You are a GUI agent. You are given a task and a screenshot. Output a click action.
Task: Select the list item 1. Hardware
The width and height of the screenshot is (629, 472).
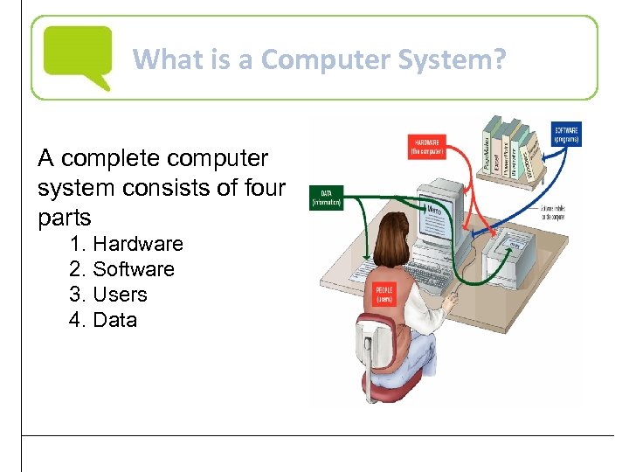point(126,244)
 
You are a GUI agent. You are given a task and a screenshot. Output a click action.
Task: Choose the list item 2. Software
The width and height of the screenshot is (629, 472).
point(121,269)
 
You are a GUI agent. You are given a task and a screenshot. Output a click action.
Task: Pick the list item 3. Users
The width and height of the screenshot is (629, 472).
point(108,295)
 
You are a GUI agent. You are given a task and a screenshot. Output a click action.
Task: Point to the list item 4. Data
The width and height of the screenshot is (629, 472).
point(103,320)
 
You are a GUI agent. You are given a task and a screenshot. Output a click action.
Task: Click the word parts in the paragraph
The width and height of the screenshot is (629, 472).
point(64,216)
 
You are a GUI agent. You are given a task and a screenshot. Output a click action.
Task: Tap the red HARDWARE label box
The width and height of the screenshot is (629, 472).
point(427,146)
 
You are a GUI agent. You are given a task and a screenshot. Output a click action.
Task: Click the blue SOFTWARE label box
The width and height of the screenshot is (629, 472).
point(566,135)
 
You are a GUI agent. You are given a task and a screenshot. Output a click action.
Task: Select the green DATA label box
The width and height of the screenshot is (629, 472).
point(328,198)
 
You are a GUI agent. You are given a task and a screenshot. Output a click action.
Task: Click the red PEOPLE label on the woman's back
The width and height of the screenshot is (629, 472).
point(384,294)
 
